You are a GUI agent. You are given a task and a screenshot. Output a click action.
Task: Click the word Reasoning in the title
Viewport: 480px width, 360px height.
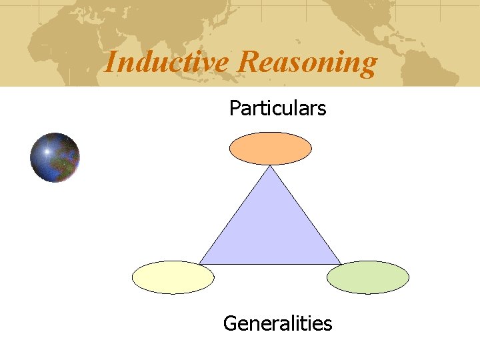point(307,63)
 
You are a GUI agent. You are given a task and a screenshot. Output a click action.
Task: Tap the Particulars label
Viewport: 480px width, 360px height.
point(277,108)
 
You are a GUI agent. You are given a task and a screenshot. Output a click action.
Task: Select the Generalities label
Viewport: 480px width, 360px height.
point(277,324)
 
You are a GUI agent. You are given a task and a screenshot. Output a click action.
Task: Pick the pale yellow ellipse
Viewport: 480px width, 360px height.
point(173,277)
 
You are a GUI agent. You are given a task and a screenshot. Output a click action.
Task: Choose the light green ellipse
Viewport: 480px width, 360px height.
point(367,277)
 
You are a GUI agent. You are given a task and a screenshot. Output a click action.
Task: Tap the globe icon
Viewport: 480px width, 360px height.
point(55,157)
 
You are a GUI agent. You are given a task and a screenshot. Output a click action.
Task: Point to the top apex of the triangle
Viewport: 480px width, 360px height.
point(270,167)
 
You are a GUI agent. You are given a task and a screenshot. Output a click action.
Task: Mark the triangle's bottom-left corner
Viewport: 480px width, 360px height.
point(200,263)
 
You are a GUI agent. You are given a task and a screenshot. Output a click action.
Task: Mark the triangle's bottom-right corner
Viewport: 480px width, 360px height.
point(341,263)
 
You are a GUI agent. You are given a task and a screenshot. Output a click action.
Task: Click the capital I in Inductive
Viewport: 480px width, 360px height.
point(110,62)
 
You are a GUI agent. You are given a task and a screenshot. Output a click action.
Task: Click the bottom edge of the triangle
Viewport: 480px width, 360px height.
point(270,264)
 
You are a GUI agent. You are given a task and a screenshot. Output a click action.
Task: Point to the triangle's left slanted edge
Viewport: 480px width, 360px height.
point(235,215)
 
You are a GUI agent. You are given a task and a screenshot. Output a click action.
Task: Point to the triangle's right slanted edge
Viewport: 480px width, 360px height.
point(305,215)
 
